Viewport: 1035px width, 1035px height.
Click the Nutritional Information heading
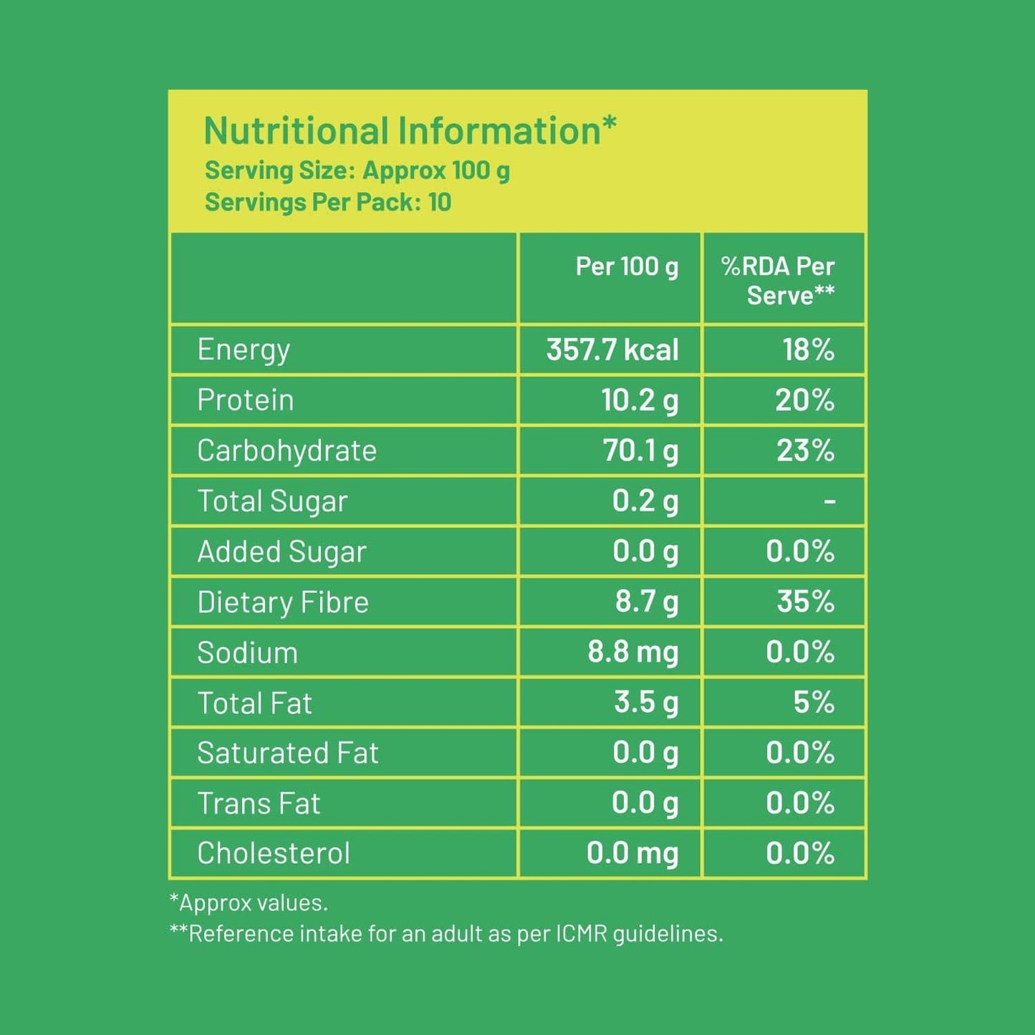click(x=410, y=131)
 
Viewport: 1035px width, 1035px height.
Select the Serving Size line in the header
click(x=357, y=171)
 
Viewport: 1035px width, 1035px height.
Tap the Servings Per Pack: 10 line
click(x=328, y=203)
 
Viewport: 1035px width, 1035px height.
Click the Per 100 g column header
click(x=627, y=266)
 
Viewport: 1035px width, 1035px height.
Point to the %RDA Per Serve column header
click(x=779, y=281)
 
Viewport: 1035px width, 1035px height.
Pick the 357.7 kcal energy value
click(x=612, y=350)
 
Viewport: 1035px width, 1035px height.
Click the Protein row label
click(x=246, y=400)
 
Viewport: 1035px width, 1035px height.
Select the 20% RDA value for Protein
click(x=804, y=400)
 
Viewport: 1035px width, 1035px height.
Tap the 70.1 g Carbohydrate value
click(x=640, y=451)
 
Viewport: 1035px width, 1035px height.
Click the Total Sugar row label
click(x=272, y=501)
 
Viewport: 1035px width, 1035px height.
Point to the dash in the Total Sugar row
click(x=829, y=501)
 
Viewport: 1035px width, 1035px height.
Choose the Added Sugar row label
click(x=281, y=552)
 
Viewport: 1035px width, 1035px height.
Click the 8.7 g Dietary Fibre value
click(x=646, y=602)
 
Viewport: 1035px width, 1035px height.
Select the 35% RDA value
click(x=806, y=602)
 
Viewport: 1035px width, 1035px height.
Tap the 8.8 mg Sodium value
click(x=632, y=653)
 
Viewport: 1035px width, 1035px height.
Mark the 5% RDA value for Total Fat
click(x=814, y=703)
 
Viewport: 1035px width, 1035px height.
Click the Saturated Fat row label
click(x=288, y=754)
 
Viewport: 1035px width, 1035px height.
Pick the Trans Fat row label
click(x=259, y=804)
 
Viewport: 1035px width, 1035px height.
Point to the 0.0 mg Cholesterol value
click(x=632, y=854)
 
